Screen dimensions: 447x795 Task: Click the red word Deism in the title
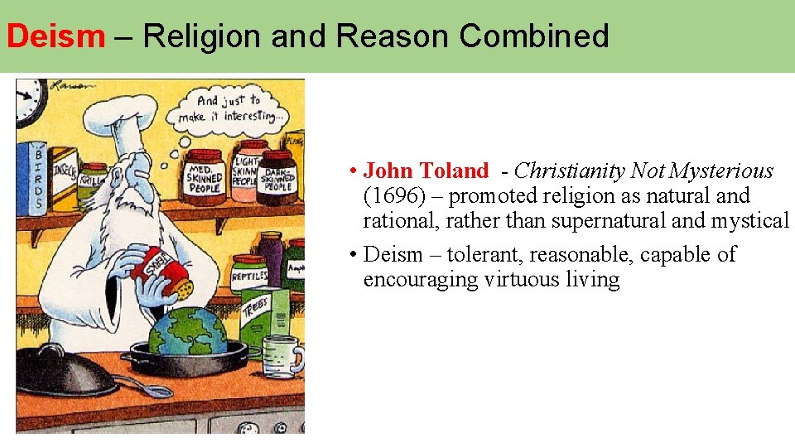(x=55, y=36)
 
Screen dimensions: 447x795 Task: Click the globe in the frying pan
(x=187, y=330)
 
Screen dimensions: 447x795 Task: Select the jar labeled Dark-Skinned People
(x=277, y=176)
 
